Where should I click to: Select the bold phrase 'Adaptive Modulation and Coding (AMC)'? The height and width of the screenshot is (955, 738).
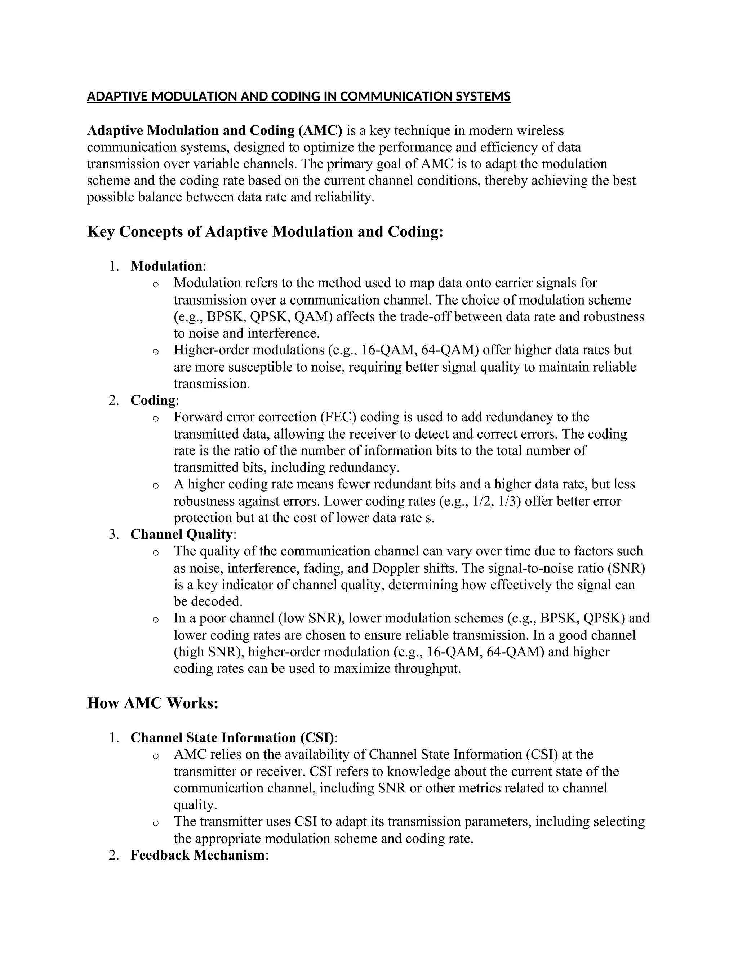coord(215,130)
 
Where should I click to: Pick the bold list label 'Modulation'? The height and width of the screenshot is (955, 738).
coord(166,266)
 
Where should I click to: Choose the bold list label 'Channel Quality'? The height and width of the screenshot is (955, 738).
coord(181,534)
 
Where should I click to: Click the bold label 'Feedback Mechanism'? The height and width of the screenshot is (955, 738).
coord(197,855)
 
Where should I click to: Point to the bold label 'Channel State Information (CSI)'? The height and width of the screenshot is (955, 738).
coord(232,738)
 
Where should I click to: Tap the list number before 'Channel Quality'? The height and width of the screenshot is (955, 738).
coord(114,534)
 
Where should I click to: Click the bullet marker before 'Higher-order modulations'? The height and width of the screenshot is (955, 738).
coord(155,351)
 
